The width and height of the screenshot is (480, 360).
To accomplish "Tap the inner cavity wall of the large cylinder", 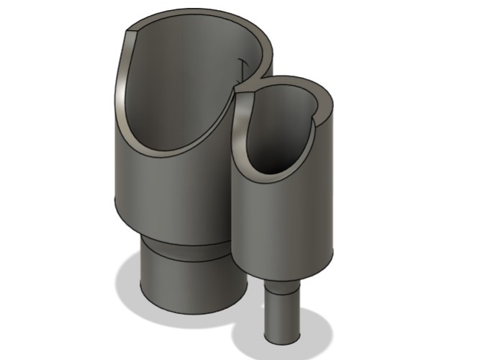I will click(x=180, y=86).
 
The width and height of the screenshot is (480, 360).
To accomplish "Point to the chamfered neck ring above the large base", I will click(x=184, y=245).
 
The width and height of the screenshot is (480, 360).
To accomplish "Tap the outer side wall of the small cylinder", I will click(x=288, y=223).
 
